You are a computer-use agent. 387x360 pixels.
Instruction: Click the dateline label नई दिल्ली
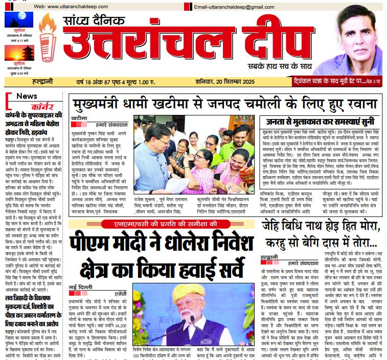77,286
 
